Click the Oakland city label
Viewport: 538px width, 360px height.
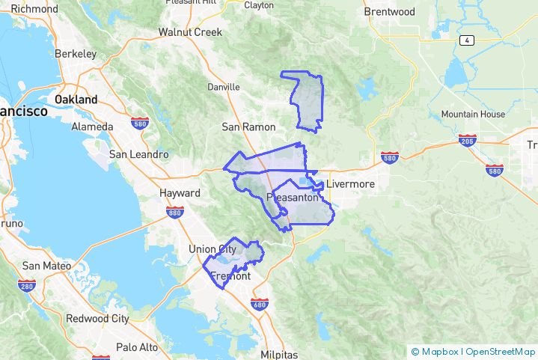[x=76, y=99]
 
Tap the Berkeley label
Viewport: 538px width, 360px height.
[x=76, y=54]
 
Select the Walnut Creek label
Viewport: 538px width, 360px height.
[x=190, y=32]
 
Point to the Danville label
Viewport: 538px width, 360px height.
[x=224, y=87]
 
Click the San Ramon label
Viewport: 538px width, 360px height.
[x=248, y=127]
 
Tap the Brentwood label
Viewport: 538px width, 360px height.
[x=389, y=12]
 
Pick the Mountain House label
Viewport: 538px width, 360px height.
[x=473, y=115]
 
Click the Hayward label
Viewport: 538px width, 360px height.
[x=180, y=193]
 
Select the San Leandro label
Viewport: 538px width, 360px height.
[x=138, y=154]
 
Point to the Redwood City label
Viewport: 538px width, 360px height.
[x=97, y=318]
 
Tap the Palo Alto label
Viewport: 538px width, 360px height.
[x=137, y=347]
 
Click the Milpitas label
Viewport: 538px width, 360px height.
[x=280, y=355]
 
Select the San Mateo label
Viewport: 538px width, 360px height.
[x=47, y=266]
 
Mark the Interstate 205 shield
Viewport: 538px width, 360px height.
[x=465, y=141]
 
